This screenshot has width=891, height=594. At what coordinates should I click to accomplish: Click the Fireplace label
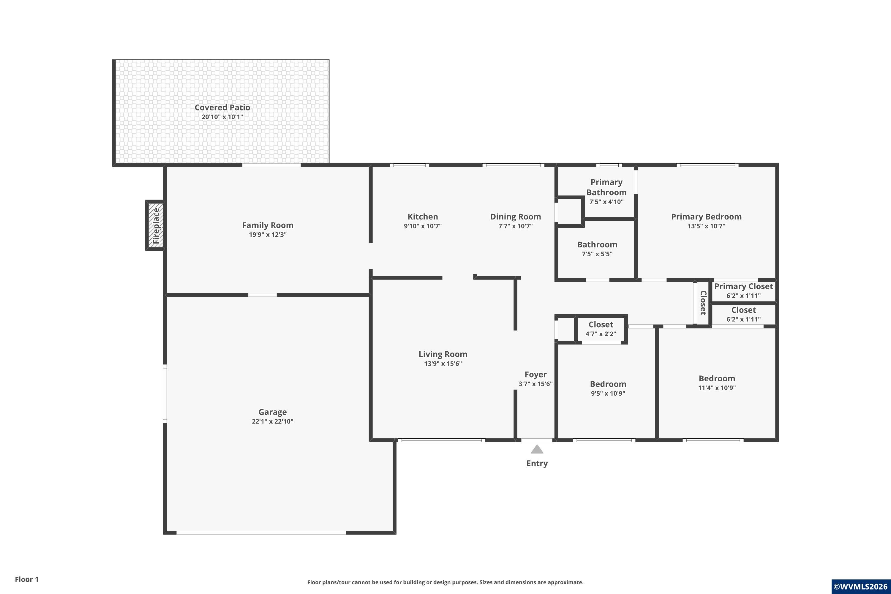pyautogui.click(x=156, y=226)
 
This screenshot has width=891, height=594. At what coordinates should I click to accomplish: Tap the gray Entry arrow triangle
pyautogui.click(x=537, y=449)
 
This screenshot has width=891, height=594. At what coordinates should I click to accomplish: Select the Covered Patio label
pyautogui.click(x=222, y=108)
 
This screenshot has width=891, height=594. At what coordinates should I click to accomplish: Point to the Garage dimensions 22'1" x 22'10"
pyautogui.click(x=272, y=421)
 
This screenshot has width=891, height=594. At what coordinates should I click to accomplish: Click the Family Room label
pyautogui.click(x=268, y=225)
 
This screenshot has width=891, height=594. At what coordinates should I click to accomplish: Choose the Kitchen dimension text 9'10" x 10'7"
pyautogui.click(x=423, y=226)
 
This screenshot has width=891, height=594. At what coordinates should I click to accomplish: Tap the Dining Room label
pyautogui.click(x=516, y=217)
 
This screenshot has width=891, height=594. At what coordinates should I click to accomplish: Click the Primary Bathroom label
pyautogui.click(x=606, y=187)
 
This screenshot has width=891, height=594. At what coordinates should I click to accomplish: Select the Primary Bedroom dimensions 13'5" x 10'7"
pyautogui.click(x=707, y=226)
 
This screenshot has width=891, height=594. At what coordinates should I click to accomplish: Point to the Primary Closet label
pyautogui.click(x=744, y=286)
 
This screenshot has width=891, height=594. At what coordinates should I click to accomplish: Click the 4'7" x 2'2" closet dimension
pyautogui.click(x=601, y=334)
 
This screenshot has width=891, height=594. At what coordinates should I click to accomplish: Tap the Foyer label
pyautogui.click(x=536, y=375)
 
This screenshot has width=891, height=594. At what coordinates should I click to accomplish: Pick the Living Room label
pyautogui.click(x=443, y=354)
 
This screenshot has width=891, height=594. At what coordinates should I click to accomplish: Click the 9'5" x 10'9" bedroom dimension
pyautogui.click(x=608, y=393)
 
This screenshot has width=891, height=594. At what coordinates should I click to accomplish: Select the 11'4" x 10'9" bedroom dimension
pyautogui.click(x=717, y=388)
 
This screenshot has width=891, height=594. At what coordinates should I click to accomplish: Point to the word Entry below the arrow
pyautogui.click(x=537, y=463)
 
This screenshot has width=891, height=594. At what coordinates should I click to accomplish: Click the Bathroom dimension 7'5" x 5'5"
pyautogui.click(x=597, y=254)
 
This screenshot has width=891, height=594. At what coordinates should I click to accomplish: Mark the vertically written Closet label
pyautogui.click(x=703, y=303)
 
